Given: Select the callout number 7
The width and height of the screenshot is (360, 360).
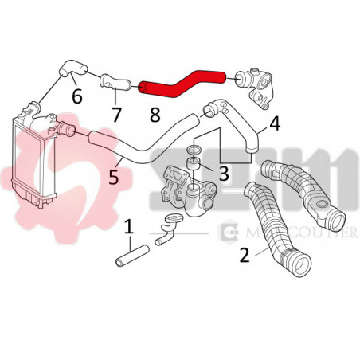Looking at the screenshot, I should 116,114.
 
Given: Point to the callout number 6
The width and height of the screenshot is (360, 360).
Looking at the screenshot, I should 76,96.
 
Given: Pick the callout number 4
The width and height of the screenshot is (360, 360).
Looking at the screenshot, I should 274,123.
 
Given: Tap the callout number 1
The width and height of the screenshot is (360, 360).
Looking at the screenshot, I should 129,228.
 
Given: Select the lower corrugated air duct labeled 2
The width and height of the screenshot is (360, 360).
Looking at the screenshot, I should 274,231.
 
